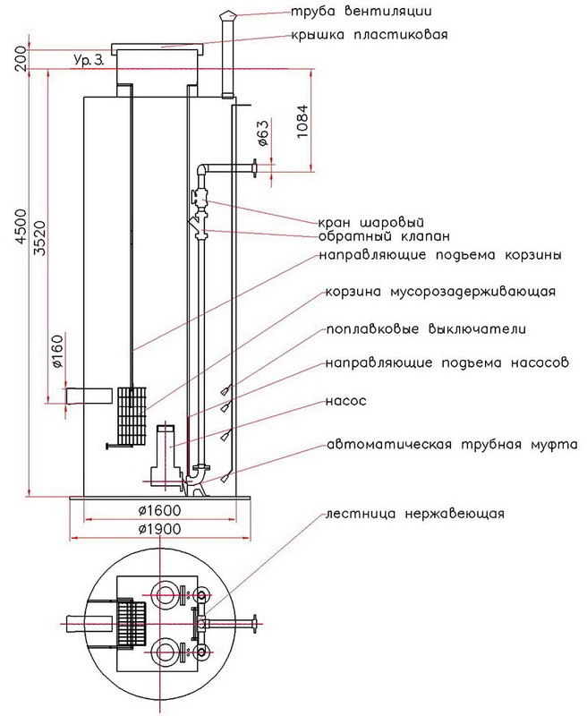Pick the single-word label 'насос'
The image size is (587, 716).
(x=347, y=402)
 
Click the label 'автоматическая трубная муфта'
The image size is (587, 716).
(x=452, y=444)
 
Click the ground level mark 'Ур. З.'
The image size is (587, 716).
(x=89, y=60)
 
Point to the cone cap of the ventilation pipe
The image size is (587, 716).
(x=225, y=15)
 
